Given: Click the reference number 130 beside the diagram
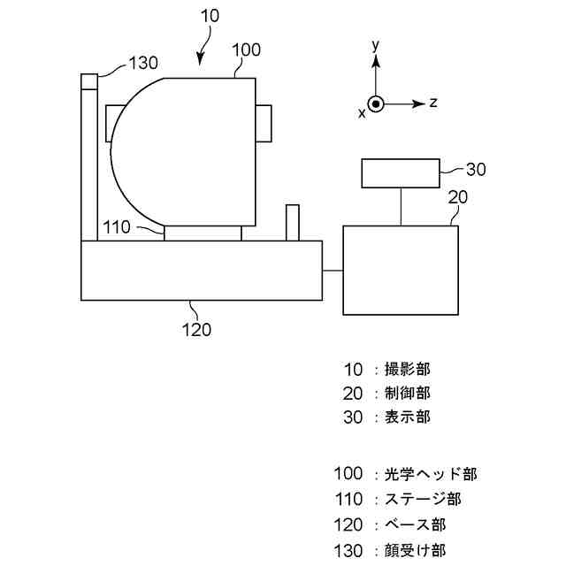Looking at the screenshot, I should [143, 63].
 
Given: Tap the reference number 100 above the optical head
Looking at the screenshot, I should [246, 50].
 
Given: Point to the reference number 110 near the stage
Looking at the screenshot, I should [117, 227].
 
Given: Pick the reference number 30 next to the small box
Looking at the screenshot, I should [476, 170].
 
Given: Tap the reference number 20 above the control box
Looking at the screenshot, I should [457, 198].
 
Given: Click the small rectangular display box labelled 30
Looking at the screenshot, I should [400, 172].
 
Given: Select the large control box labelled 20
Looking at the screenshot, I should [401, 270].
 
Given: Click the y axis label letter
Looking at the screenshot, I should [376, 43].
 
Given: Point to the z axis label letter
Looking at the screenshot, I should [433, 103].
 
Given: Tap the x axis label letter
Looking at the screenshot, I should [362, 112].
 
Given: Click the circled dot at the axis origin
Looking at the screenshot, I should [376, 103].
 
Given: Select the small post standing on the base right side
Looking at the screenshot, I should [292, 223].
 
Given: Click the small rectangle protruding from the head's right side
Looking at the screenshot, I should [264, 122].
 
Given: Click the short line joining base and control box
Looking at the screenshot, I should [333, 270].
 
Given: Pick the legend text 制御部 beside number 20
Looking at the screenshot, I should [408, 392].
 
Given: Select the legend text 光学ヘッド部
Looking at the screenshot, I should [431, 474].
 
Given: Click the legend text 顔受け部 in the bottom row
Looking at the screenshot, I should [415, 551].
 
